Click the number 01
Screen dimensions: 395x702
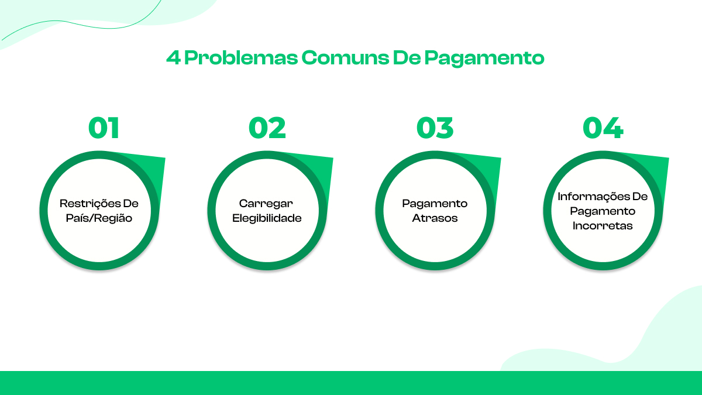(x=104, y=128)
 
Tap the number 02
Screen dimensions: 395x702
(x=267, y=128)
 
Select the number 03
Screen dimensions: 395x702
(x=435, y=128)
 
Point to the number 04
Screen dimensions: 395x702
(x=603, y=128)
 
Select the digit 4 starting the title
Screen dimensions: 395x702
(x=173, y=59)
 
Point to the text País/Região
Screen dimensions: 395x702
(x=99, y=218)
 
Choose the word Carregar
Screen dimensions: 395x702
(x=267, y=204)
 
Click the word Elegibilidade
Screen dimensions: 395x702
(x=267, y=218)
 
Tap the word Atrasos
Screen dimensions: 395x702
(x=435, y=218)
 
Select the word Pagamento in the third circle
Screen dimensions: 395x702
(x=435, y=204)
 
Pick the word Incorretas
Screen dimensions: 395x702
(x=603, y=226)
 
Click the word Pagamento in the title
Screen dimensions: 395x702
(x=484, y=59)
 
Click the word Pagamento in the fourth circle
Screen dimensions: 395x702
(x=603, y=211)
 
